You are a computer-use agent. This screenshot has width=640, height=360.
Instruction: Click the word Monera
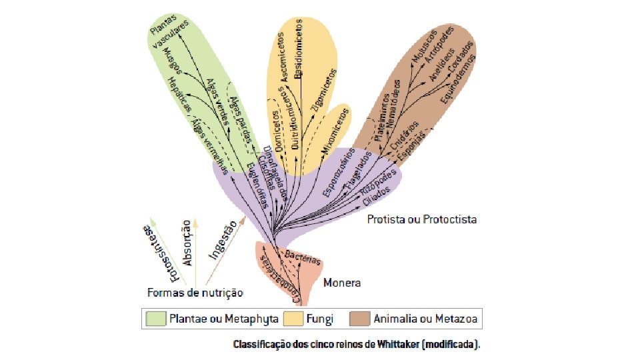click(x=342, y=283)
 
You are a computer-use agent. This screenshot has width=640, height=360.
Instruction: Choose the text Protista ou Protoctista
click(x=422, y=219)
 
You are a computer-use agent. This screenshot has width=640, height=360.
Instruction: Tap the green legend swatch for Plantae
click(x=156, y=319)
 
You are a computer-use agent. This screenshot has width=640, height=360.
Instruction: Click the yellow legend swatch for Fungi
click(x=293, y=319)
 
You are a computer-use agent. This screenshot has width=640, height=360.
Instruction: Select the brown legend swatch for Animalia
click(x=360, y=319)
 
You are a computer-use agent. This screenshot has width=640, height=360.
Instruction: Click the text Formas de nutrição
click(x=195, y=292)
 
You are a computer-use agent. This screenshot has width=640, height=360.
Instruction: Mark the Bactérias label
click(x=303, y=257)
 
